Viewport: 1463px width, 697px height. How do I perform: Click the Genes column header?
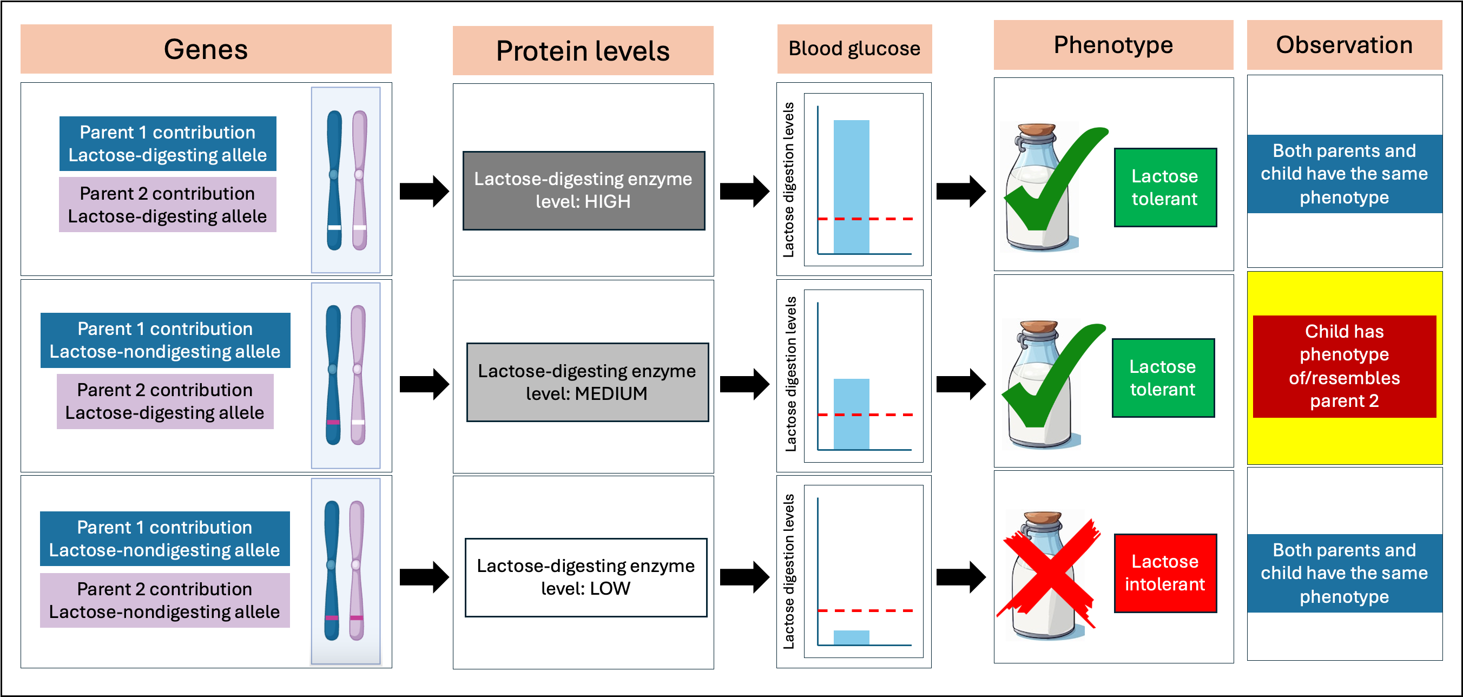coord(206,49)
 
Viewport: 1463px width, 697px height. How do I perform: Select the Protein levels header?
coord(583,50)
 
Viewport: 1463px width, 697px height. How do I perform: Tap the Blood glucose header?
coord(854,49)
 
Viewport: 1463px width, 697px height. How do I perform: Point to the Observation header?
coord(1344,45)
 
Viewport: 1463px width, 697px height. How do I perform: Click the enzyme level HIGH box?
coord(583,190)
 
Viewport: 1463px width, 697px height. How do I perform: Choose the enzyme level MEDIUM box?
coord(586,382)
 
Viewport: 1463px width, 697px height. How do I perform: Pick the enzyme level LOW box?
coord(585,577)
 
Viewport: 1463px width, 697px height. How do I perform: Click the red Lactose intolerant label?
coord(1165,573)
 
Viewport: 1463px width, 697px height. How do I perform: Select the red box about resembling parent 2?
coord(1344,366)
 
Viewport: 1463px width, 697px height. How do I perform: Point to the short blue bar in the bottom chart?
coord(851,637)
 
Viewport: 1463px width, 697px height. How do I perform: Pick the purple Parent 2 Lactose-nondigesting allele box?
coord(164,601)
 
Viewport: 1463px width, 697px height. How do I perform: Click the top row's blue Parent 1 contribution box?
coord(168,144)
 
